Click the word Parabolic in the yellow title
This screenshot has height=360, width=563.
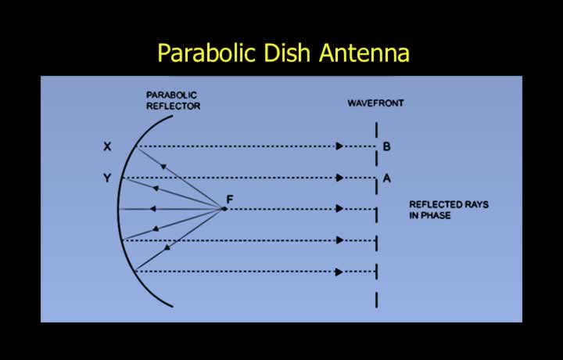point(206,52)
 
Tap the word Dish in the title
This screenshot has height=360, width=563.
point(286,52)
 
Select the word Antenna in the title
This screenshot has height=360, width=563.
point(364,52)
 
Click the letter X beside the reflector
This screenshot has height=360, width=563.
point(107,146)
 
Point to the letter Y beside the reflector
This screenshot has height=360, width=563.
point(107,178)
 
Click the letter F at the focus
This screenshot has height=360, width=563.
point(230,199)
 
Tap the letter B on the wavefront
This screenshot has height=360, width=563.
point(387,146)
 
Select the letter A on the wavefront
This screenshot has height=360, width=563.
point(387,178)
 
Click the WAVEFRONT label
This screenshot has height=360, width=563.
point(375,103)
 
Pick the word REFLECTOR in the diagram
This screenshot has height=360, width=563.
point(173,106)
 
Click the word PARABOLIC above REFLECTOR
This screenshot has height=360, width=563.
point(171,95)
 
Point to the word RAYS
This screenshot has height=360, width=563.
point(476,204)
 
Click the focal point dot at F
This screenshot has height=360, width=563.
point(224,209)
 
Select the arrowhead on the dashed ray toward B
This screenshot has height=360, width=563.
point(339,146)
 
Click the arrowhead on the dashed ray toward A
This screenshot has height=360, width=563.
point(339,178)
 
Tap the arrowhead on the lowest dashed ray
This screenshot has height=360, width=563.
point(339,272)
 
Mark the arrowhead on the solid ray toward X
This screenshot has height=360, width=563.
point(163,167)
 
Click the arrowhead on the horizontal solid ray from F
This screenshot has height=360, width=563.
point(152,209)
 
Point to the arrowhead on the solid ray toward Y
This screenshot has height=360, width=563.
point(156,188)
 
